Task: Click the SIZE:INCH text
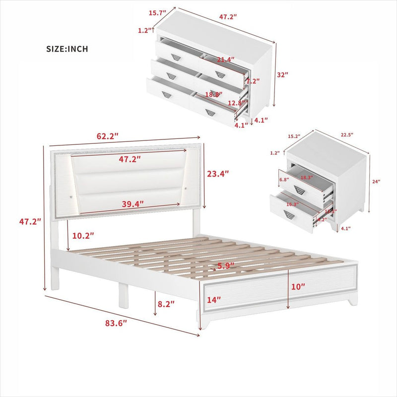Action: tap(67, 49)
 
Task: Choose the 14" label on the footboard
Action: tap(214, 300)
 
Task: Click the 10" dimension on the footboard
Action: tap(299, 287)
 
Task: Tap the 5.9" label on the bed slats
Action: tap(224, 266)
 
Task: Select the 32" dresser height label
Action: tap(283, 74)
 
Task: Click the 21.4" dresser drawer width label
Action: tap(225, 60)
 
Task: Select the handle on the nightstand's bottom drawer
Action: tap(290, 214)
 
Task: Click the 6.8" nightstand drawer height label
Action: tap(284, 179)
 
